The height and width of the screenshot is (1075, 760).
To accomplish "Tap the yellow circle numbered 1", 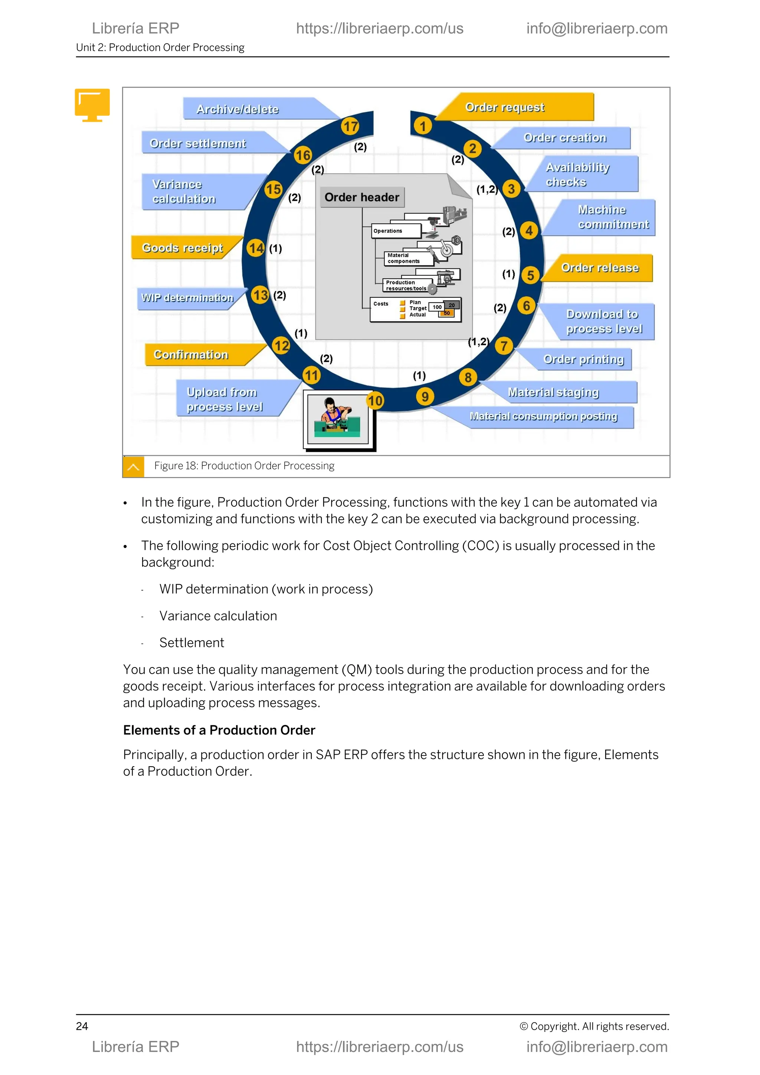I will point(423,126).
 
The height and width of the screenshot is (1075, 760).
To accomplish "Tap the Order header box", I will point(362,197).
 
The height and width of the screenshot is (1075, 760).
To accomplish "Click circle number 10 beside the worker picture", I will point(375,401).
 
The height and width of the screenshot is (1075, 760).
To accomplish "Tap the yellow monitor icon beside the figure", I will point(92,104).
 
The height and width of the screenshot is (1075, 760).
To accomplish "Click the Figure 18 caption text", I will point(244,466).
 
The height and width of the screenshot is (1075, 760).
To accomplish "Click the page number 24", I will point(82,1026).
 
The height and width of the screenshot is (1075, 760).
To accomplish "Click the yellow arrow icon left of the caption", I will point(133,467).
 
